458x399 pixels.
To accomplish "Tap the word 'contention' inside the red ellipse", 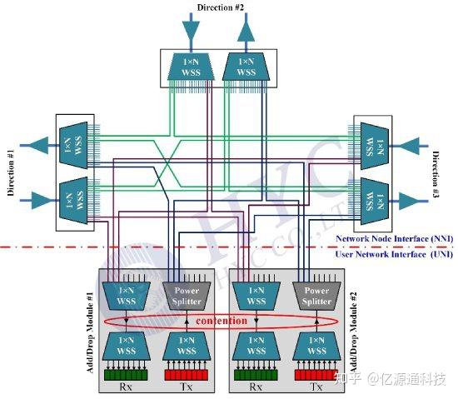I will coord(222,321).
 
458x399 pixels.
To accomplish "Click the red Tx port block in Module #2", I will coord(316,375).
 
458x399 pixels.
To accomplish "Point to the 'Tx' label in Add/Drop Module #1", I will coord(187,387).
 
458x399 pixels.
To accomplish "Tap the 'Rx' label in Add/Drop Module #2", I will coord(251,387).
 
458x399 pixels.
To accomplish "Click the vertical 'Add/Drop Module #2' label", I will coord(354,329).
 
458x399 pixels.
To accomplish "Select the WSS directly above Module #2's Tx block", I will coord(316,345).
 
